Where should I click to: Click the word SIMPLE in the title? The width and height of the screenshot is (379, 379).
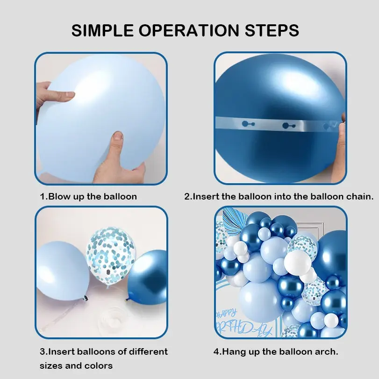pyautogui.click(x=102, y=30)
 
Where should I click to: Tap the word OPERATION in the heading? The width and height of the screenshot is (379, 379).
pyautogui.click(x=189, y=30)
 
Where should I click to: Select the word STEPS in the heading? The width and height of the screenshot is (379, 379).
pyautogui.click(x=272, y=30)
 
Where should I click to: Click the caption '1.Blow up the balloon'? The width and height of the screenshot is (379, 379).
pyautogui.click(x=88, y=196)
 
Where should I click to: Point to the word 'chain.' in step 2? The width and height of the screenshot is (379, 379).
pyautogui.click(x=360, y=196)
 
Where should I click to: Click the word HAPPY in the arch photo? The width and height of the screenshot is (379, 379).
pyautogui.click(x=227, y=314)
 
